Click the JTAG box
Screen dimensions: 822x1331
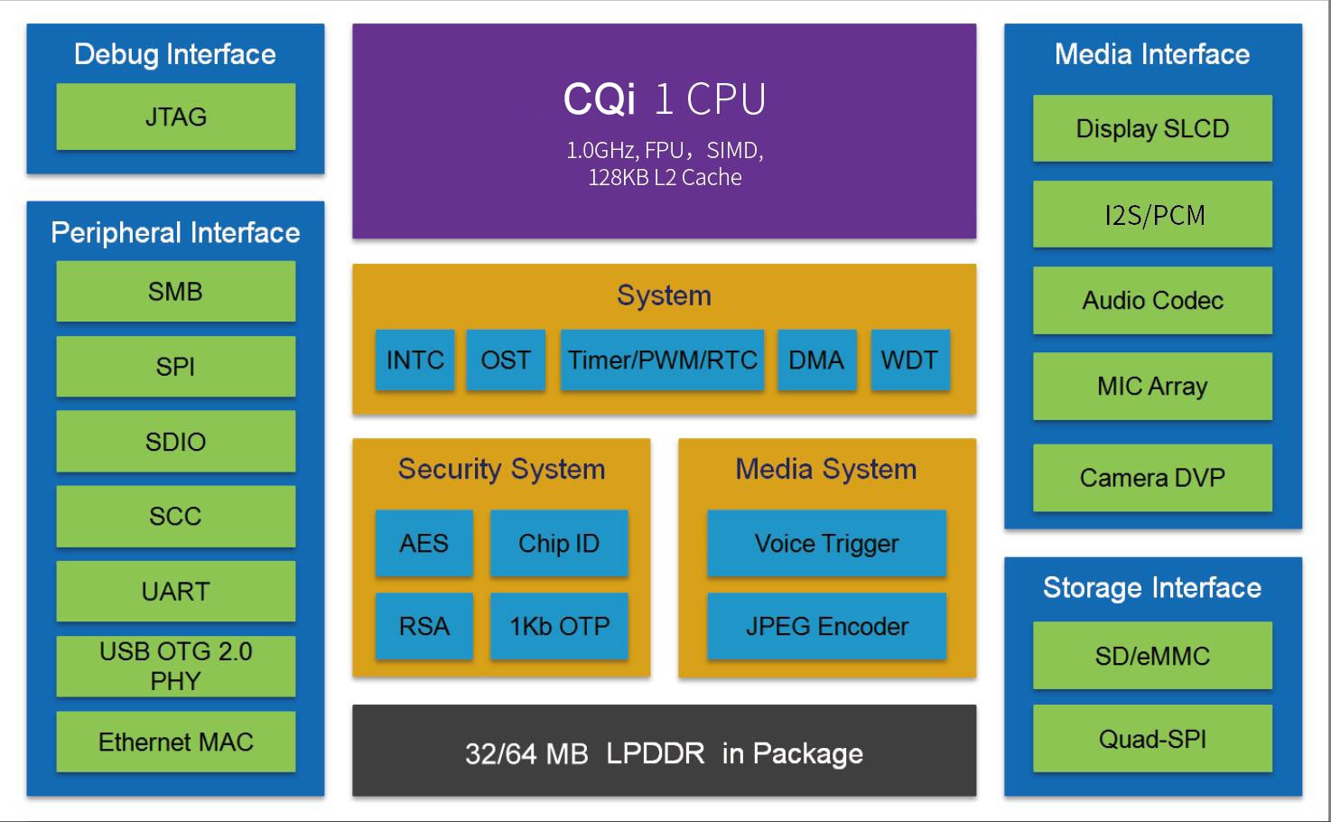(175, 117)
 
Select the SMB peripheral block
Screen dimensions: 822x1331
(175, 291)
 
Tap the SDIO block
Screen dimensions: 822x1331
(175, 441)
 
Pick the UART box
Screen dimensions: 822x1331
(175, 591)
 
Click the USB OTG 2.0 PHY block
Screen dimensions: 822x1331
(175, 666)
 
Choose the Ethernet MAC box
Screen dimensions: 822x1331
(175, 742)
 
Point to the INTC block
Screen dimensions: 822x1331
(414, 360)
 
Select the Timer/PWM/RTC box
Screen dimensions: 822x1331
(662, 360)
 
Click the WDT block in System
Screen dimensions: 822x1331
(909, 360)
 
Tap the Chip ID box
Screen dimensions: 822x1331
(558, 543)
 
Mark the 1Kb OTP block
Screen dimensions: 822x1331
(558, 626)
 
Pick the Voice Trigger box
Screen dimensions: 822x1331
(826, 543)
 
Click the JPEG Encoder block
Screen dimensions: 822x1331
(826, 626)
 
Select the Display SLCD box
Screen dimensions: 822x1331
(1152, 128)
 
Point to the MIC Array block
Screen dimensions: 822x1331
(1152, 386)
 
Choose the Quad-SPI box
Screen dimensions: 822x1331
(1152, 739)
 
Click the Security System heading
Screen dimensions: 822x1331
(501, 469)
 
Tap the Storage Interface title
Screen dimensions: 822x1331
(1152, 587)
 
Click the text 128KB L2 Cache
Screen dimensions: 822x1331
(665, 177)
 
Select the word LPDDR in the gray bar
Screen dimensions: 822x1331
(655, 753)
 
